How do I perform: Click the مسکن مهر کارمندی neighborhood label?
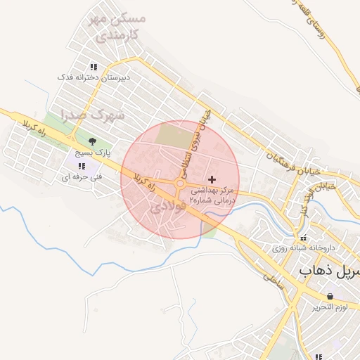[x=117, y=27]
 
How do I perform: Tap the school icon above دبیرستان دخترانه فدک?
[x=94, y=67]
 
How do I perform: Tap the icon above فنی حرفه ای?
[x=82, y=166]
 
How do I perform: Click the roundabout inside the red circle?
[x=180, y=184]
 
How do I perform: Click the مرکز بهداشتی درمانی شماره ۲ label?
[x=212, y=195]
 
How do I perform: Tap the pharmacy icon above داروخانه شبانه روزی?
[x=304, y=238]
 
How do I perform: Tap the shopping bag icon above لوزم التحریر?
[x=330, y=297]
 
